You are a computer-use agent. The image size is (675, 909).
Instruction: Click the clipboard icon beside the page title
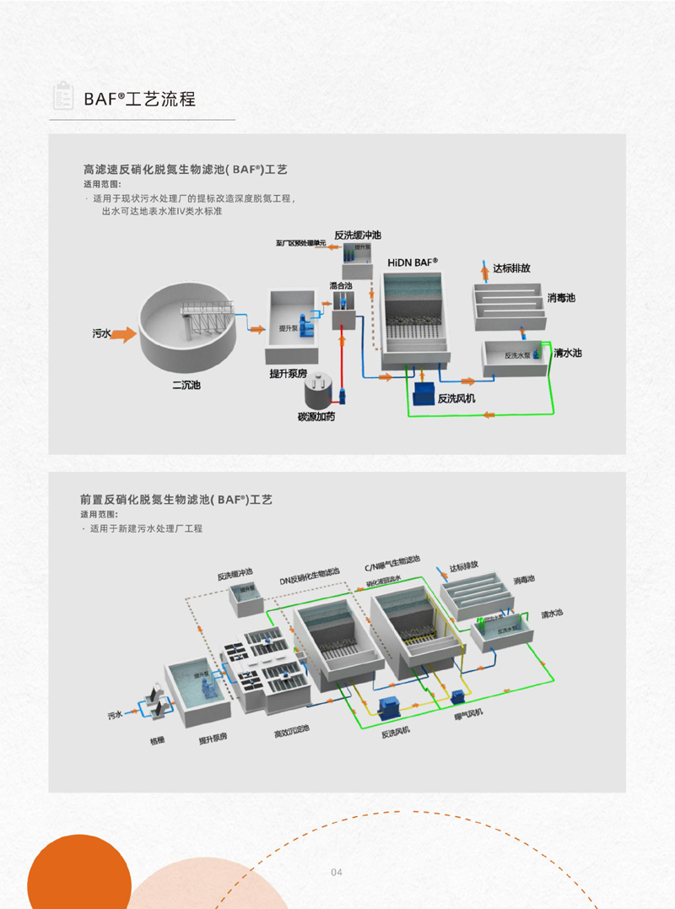click(x=62, y=97)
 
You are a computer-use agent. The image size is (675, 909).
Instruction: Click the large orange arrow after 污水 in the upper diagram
click(x=124, y=334)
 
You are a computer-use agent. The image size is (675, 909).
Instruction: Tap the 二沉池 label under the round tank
click(x=186, y=386)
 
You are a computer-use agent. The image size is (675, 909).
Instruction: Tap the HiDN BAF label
click(x=413, y=262)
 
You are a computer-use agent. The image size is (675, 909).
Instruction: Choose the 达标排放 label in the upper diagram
click(x=511, y=268)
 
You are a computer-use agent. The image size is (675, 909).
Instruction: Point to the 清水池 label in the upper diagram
click(x=567, y=353)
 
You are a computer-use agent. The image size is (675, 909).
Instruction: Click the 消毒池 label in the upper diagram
click(x=561, y=298)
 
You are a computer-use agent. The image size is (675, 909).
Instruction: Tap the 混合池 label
click(x=341, y=286)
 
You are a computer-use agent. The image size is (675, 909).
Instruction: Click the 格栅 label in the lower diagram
click(x=157, y=740)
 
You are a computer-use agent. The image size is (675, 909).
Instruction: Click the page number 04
click(x=337, y=872)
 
